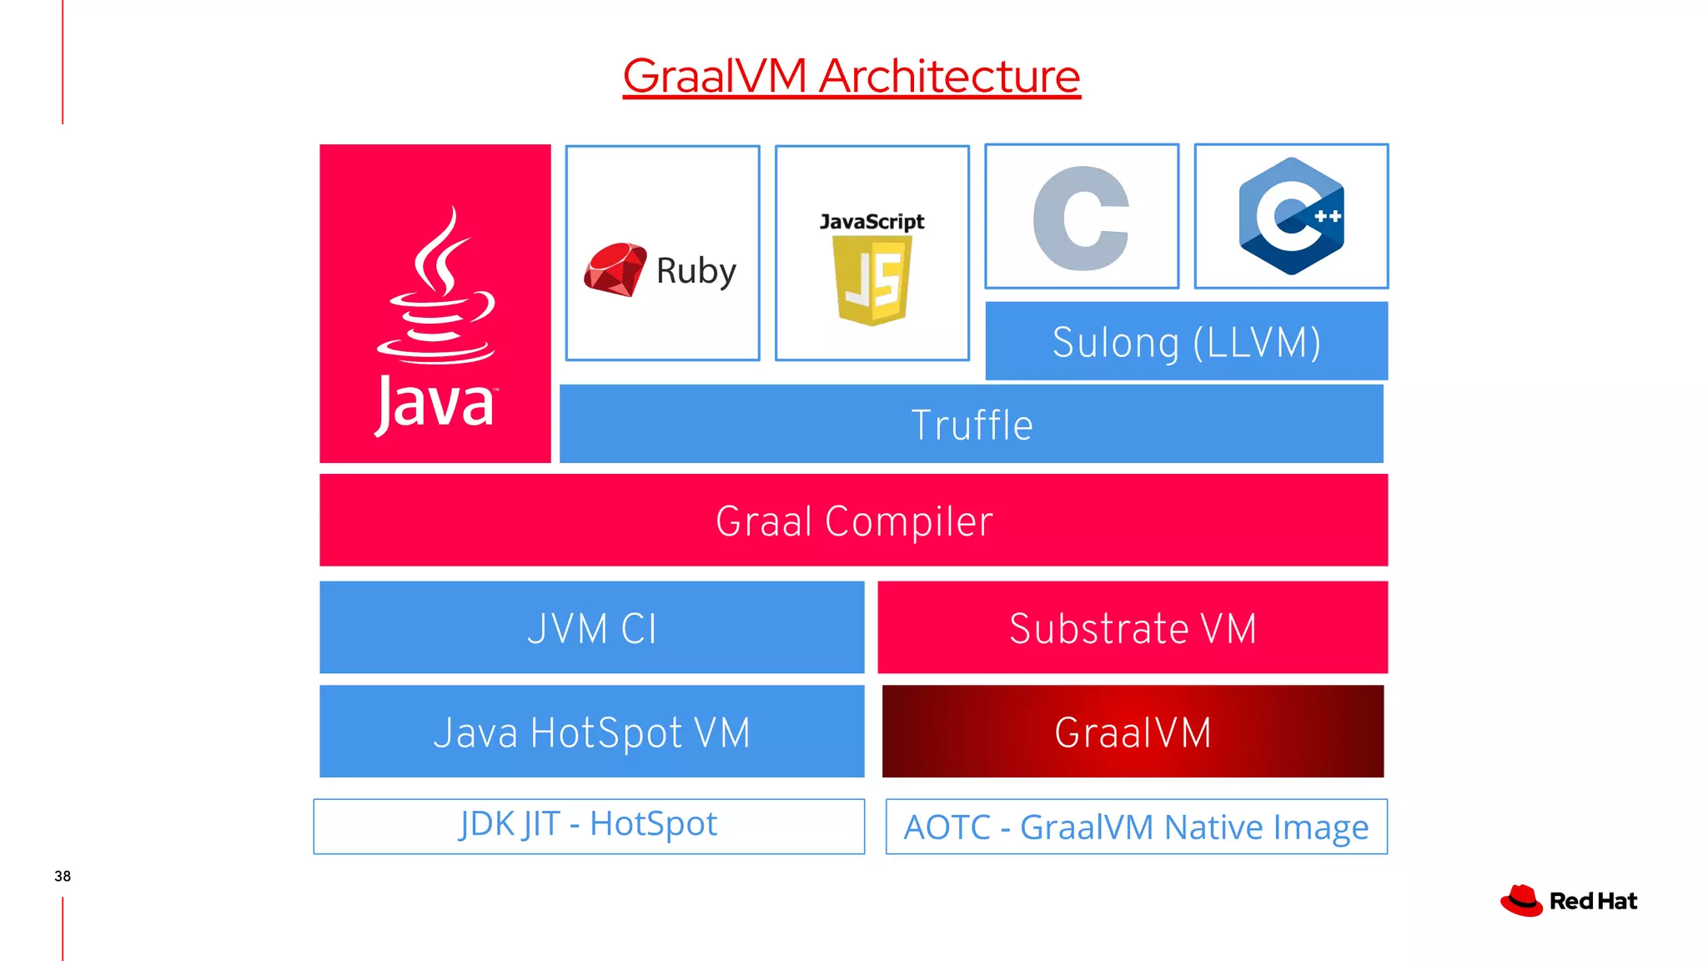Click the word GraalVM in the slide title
tap(715, 77)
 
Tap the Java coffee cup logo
tap(435, 288)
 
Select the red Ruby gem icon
tap(615, 269)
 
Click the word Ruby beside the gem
tap(696, 271)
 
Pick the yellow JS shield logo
tap(872, 279)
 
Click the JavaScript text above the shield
tap(872, 222)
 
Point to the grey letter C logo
tap(1082, 218)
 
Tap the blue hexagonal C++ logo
tap(1291, 216)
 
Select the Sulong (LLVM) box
tap(1186, 342)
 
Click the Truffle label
tap(972, 425)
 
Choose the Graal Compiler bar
tap(854, 521)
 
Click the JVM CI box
tap(592, 628)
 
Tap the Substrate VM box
tap(1133, 628)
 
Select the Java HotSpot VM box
tap(592, 732)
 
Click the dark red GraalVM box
tap(1133, 732)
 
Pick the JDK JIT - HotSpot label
tap(589, 825)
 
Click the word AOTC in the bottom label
tap(947, 828)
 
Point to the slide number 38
tap(63, 876)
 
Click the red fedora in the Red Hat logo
tap(1521, 901)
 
